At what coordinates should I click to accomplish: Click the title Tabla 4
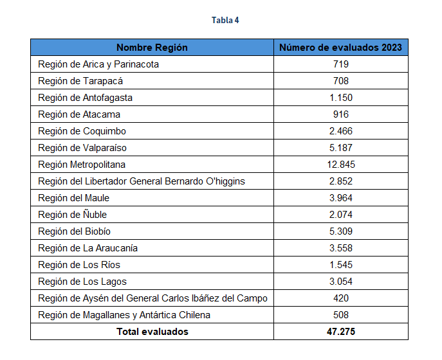(225, 21)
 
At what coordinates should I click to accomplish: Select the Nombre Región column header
(152, 48)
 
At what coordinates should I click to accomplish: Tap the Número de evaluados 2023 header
(341, 48)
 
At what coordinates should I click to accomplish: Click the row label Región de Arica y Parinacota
(98, 64)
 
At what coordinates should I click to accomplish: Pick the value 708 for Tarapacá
(341, 81)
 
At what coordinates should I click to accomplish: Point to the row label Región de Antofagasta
(86, 98)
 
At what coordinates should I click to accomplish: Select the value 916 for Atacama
(341, 114)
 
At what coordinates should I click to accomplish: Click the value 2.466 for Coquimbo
(341, 131)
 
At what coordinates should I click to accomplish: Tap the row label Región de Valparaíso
(82, 148)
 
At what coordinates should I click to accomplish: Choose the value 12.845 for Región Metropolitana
(341, 165)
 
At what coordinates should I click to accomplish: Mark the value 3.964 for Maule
(341, 198)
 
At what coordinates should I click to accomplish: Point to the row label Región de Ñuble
(73, 215)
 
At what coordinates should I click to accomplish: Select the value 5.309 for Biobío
(341, 231)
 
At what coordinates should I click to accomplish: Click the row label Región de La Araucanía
(88, 248)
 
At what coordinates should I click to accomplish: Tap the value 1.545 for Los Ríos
(341, 265)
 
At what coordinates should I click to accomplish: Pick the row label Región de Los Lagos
(82, 282)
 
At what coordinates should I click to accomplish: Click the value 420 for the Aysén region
(341, 298)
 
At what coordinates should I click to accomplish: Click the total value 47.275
(341, 332)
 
